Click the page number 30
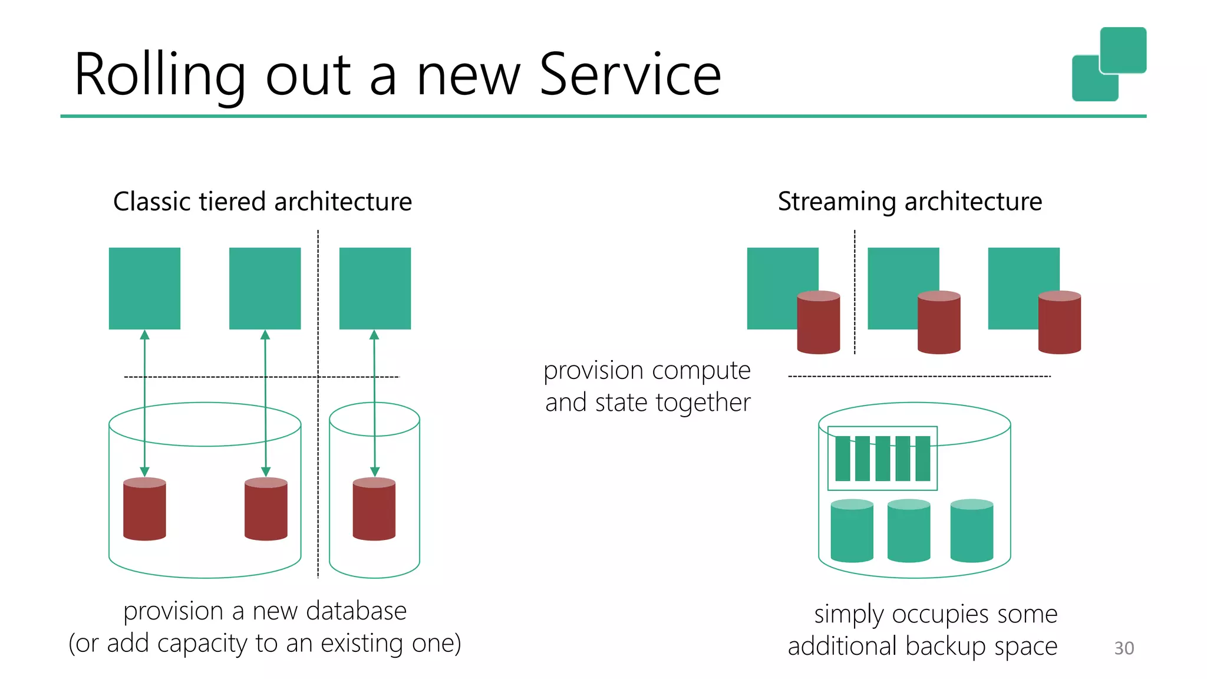tap(1123, 648)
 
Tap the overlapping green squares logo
tap(1109, 64)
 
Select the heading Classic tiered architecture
tap(262, 202)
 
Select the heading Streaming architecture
tap(909, 202)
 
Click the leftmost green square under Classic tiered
tap(144, 288)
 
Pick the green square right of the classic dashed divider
tap(375, 288)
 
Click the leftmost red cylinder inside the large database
tap(144, 509)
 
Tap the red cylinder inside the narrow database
tap(374, 509)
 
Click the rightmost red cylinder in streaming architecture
tap(1059, 322)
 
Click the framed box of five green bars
tap(882, 459)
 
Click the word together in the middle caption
tap(703, 403)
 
